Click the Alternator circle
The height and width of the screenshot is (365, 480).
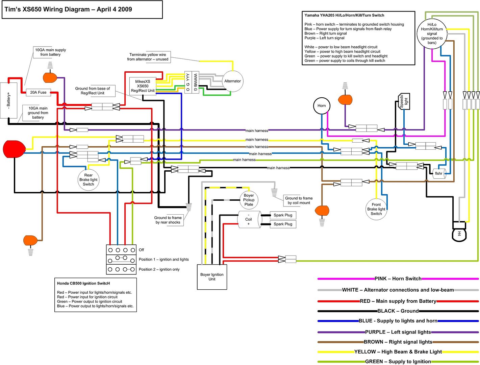tap(232, 81)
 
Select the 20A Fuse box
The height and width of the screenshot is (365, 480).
tap(38, 92)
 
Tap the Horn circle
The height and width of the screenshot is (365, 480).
tap(322, 106)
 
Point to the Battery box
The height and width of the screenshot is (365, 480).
tap(8, 100)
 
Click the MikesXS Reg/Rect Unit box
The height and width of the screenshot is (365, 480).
tap(143, 86)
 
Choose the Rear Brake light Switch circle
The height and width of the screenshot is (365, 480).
tap(89, 180)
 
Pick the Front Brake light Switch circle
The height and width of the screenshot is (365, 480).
tap(376, 209)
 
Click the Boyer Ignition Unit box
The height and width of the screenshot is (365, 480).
tap(212, 277)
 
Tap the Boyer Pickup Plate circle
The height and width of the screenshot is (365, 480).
tap(249, 200)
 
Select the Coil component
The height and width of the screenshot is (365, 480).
tap(249, 219)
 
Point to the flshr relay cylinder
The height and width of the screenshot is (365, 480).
tap(439, 173)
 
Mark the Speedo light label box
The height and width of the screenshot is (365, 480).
tap(404, 101)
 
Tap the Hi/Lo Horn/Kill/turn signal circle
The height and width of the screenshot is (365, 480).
tap(432, 33)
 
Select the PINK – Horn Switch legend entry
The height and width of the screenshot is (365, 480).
tap(398, 279)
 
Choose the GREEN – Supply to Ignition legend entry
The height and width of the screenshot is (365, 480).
tap(398, 362)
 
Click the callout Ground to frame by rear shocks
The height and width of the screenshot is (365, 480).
tap(168, 220)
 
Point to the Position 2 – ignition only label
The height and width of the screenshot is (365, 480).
tap(159, 269)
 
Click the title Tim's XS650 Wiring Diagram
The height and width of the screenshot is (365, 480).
tap(68, 9)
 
